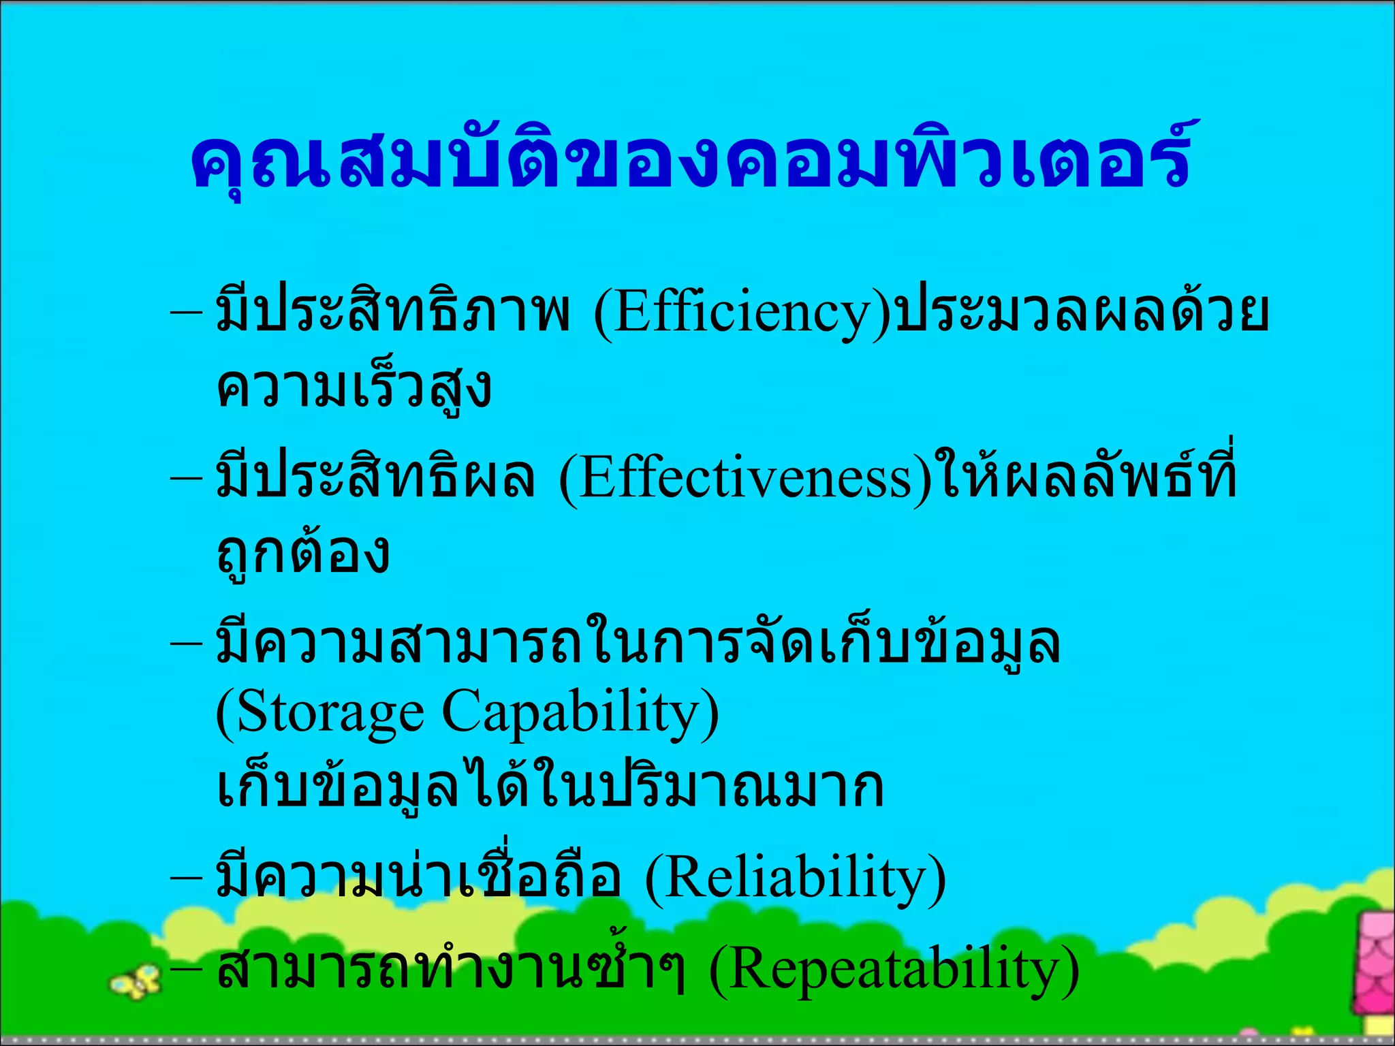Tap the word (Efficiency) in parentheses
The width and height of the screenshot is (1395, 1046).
point(742,314)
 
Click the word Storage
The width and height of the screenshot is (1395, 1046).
point(320,713)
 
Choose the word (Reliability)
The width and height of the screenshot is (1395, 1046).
point(795,878)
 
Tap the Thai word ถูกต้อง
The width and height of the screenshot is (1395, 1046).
point(303,553)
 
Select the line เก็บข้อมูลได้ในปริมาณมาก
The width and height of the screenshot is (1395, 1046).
point(550,788)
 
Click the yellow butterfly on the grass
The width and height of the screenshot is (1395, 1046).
point(136,981)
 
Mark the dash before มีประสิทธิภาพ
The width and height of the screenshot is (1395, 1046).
point(186,314)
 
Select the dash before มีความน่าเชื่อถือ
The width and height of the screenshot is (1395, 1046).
point(186,878)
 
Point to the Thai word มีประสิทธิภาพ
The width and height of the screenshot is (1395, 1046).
point(392,314)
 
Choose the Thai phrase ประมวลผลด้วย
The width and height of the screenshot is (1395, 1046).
point(1082,314)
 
